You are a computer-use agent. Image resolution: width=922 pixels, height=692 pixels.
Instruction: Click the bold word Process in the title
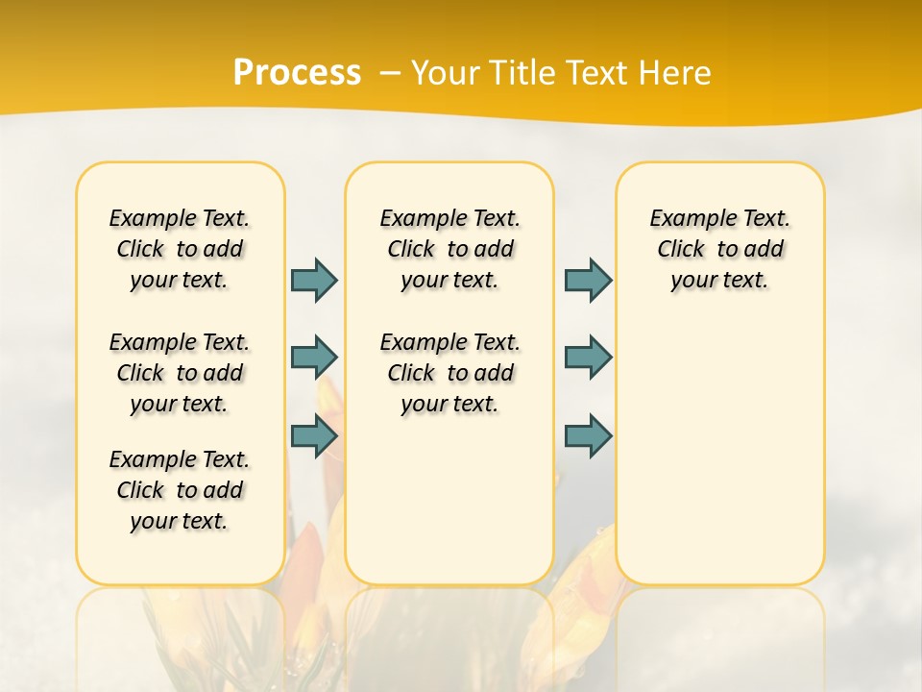(297, 73)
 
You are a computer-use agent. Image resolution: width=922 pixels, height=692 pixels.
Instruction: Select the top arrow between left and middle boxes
(314, 280)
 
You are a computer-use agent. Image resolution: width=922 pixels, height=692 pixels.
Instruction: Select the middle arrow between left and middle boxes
(314, 358)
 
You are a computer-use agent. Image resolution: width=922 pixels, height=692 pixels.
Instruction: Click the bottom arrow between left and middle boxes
(314, 436)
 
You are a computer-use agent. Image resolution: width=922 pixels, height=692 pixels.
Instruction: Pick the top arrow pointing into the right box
(588, 280)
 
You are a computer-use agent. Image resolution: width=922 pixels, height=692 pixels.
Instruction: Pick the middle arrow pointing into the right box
(588, 358)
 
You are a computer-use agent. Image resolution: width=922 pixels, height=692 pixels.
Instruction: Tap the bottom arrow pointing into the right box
(588, 436)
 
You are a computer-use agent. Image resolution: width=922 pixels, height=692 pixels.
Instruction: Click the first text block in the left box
(180, 249)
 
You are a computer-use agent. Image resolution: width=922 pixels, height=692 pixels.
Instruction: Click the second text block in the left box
(180, 373)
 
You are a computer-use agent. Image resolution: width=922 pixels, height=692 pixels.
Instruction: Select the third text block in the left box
(180, 490)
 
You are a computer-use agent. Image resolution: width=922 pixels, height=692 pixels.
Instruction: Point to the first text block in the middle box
(449, 249)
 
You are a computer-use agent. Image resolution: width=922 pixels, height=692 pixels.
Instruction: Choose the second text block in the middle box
(449, 373)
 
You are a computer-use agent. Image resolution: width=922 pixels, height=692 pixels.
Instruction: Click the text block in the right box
(719, 249)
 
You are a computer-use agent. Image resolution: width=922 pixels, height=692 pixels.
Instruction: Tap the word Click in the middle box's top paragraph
(411, 250)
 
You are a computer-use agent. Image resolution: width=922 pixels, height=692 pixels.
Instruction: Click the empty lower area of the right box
(719, 461)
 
